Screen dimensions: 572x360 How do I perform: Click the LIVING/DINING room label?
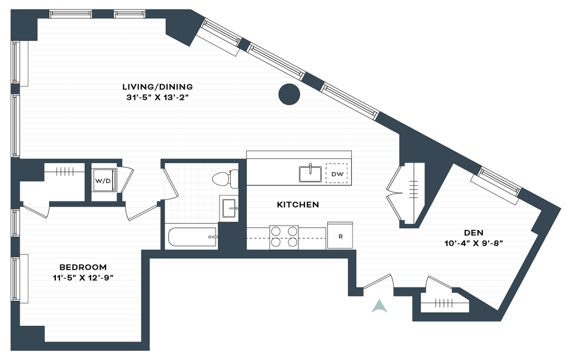point(157,87)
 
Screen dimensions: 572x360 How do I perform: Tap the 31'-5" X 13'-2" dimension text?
point(157,98)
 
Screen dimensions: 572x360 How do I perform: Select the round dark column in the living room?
point(289,94)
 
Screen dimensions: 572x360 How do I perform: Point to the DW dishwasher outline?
point(337,174)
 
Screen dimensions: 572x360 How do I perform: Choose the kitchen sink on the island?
point(310,174)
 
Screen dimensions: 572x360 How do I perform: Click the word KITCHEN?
point(298,205)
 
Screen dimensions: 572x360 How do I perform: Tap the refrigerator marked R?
point(340,236)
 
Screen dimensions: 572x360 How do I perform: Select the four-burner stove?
point(284,237)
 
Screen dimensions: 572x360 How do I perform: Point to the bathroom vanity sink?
point(228,208)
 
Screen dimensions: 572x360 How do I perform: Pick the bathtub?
point(193,237)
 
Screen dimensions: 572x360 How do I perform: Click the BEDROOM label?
point(83,267)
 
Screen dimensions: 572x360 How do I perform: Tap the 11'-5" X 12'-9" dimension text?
point(83,278)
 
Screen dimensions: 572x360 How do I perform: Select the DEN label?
point(474,233)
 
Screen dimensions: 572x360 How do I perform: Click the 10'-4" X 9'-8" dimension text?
point(474,243)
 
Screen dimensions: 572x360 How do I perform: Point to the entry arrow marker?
point(379,306)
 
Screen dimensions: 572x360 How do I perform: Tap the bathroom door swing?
point(170,182)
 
